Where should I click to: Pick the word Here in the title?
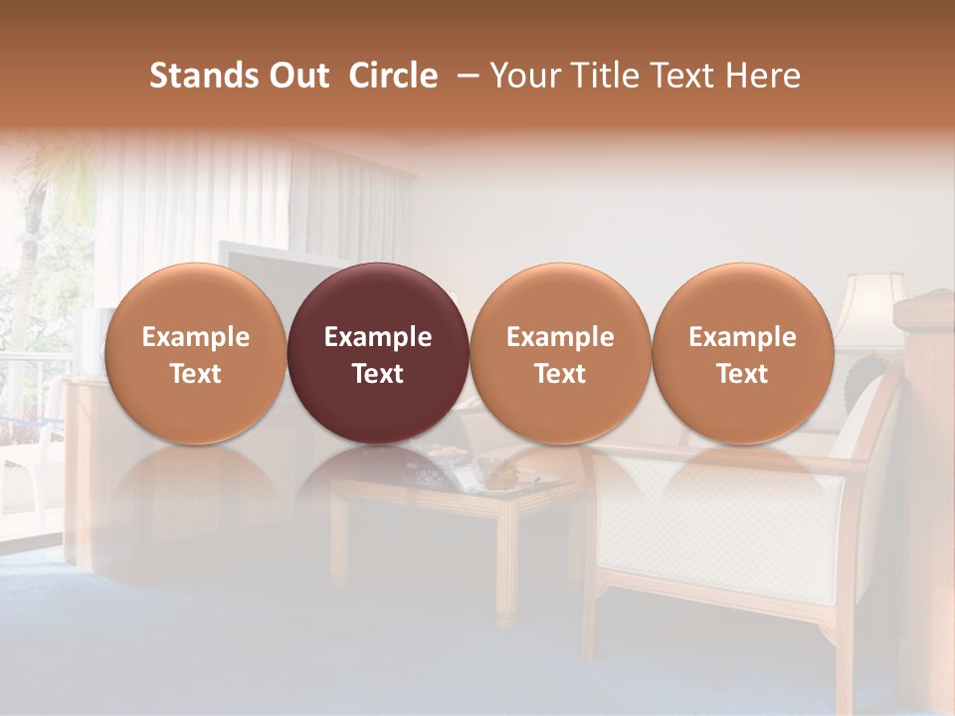[x=764, y=76]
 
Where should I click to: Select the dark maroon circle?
[x=378, y=353]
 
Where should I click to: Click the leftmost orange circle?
[x=196, y=353]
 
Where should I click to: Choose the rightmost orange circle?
[x=742, y=353]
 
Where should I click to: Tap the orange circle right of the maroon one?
[x=560, y=353]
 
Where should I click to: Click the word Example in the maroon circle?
[x=378, y=337]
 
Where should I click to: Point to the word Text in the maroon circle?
[x=378, y=374]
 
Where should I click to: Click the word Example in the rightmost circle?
[x=742, y=337]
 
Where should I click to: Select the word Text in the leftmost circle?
[x=196, y=374]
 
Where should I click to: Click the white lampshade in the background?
[x=867, y=303]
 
